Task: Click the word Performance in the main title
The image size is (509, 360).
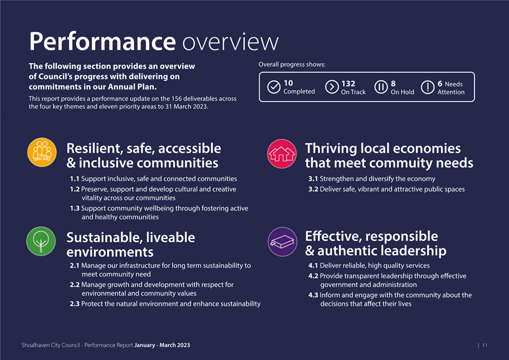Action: click(102, 41)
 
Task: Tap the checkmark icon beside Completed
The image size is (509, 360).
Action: click(273, 87)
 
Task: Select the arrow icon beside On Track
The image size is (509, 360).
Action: click(332, 87)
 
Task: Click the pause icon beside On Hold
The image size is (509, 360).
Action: click(381, 87)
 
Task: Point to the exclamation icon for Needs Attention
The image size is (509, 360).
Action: click(428, 87)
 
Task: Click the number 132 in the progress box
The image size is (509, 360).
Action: click(348, 84)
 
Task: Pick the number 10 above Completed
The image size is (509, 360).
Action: click(288, 83)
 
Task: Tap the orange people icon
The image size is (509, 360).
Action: click(42, 152)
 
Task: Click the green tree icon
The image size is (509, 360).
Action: click(41, 241)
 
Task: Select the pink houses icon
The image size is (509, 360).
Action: click(282, 154)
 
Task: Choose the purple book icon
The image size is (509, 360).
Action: click(283, 242)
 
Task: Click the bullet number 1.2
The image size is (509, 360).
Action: click(75, 189)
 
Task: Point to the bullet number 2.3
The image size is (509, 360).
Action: click(75, 304)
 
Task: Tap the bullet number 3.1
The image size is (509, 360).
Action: click(313, 179)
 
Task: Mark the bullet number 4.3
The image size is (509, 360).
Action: click(314, 295)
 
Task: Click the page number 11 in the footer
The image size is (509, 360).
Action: click(485, 346)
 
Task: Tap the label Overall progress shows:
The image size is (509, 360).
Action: click(292, 65)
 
